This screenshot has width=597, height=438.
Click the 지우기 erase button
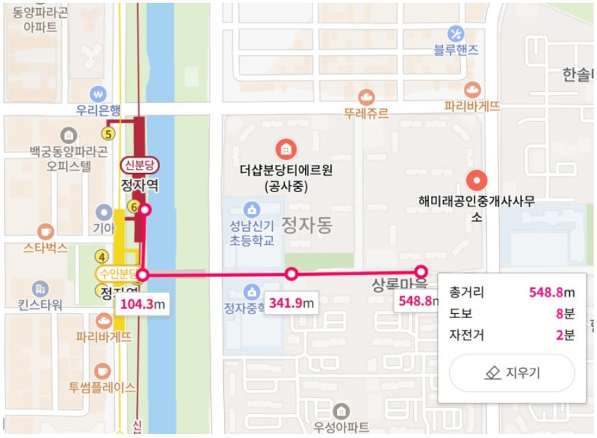click(x=512, y=373)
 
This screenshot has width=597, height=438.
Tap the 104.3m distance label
click(x=143, y=304)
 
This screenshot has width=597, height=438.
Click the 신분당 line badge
click(x=140, y=165)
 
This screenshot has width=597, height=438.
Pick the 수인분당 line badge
click(x=118, y=275)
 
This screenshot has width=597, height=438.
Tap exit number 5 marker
click(x=108, y=133)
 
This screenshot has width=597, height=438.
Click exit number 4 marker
click(x=102, y=257)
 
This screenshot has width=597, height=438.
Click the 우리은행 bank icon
click(x=99, y=93)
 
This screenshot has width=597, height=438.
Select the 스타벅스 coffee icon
click(x=46, y=231)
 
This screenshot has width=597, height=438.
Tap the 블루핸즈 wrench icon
click(x=456, y=33)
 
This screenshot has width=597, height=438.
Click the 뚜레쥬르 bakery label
click(x=366, y=114)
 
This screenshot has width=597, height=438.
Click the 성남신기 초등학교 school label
click(x=252, y=234)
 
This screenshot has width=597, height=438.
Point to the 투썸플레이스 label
click(x=101, y=388)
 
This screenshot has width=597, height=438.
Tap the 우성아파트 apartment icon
click(x=340, y=411)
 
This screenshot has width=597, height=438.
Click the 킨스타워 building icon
click(x=41, y=288)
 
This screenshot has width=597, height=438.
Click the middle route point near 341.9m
click(x=291, y=274)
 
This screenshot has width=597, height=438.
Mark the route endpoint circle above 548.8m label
click(x=421, y=271)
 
